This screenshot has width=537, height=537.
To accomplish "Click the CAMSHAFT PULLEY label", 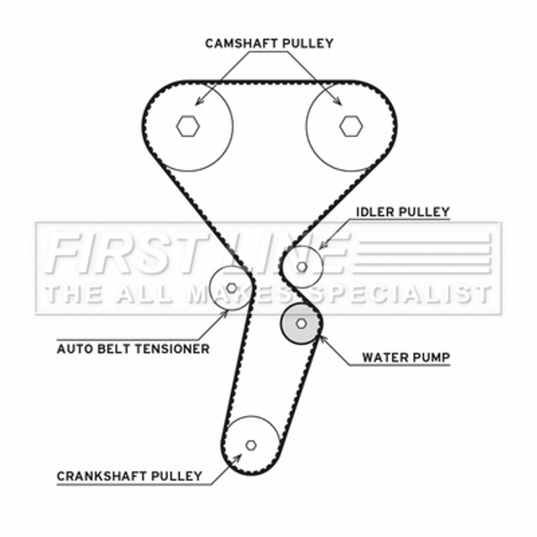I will tap(268, 44).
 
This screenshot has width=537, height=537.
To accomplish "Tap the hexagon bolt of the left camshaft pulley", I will tap(189, 125).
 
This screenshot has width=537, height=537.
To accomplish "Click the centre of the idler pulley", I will tap(302, 266).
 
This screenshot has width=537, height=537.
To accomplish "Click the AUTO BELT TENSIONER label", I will tap(133, 348).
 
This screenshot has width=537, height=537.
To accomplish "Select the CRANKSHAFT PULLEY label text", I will tap(129, 476).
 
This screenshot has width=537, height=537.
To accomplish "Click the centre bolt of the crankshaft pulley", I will tap(251, 444).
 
